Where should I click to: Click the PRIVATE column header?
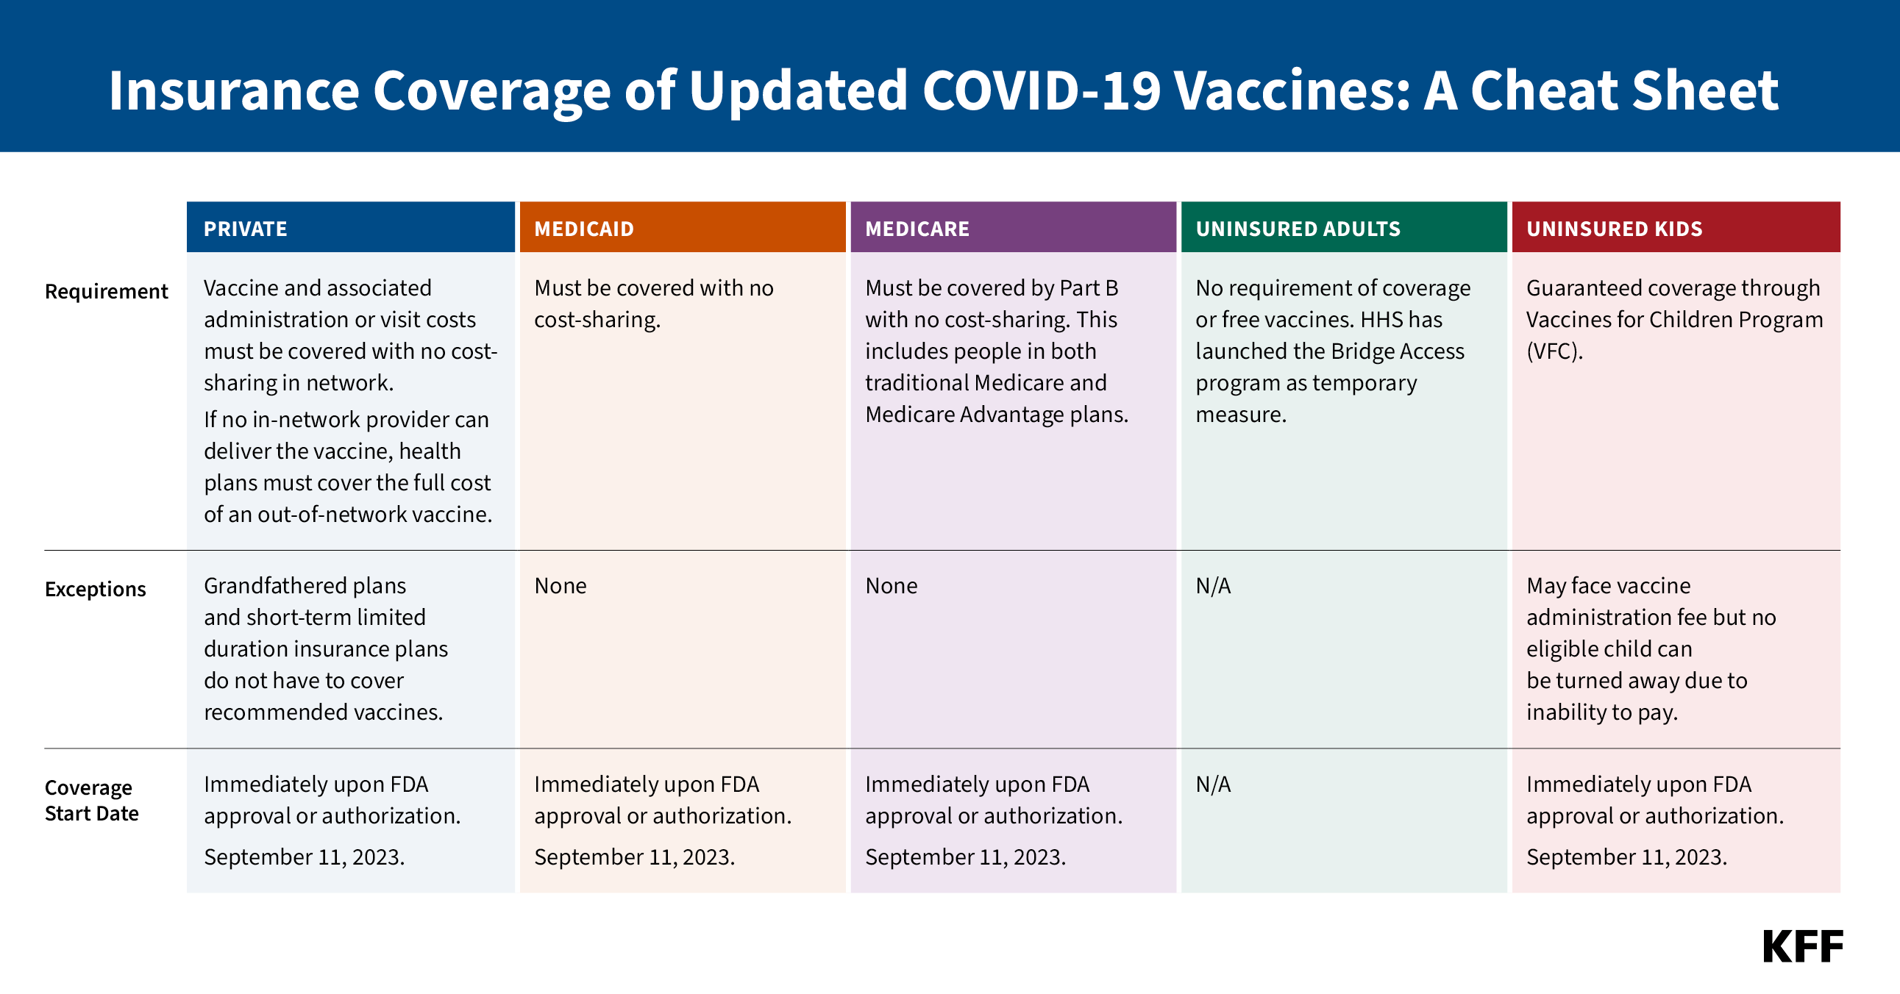click(x=245, y=229)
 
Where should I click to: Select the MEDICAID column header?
click(x=583, y=229)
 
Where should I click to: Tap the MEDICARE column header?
click(x=917, y=229)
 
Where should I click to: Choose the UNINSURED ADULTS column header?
click(x=1298, y=229)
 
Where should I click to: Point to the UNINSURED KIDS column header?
click(x=1614, y=229)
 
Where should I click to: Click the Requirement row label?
click(x=106, y=291)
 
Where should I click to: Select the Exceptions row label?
click(x=95, y=589)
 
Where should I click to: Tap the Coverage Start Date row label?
click(x=91, y=800)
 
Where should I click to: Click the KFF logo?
click(x=1802, y=947)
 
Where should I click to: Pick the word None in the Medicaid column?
click(x=560, y=585)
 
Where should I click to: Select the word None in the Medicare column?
click(x=891, y=585)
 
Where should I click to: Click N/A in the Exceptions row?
click(x=1212, y=585)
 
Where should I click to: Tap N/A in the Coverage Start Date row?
click(x=1212, y=784)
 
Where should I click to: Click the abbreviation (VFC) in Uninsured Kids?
click(x=1554, y=351)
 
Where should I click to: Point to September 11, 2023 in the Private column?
click(x=304, y=857)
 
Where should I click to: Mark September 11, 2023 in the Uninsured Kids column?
click(x=1626, y=857)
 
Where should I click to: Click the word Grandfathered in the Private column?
click(x=274, y=585)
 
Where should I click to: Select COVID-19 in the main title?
click(x=1042, y=90)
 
